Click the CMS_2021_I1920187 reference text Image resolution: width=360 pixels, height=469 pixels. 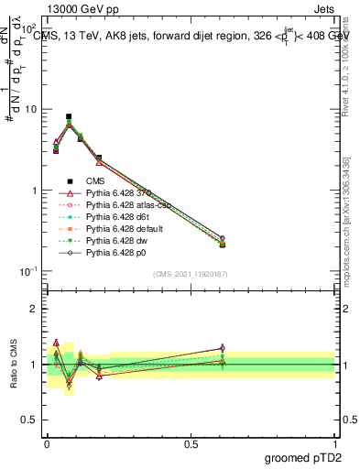tap(191, 274)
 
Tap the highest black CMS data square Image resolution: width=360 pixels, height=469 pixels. tap(69, 117)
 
